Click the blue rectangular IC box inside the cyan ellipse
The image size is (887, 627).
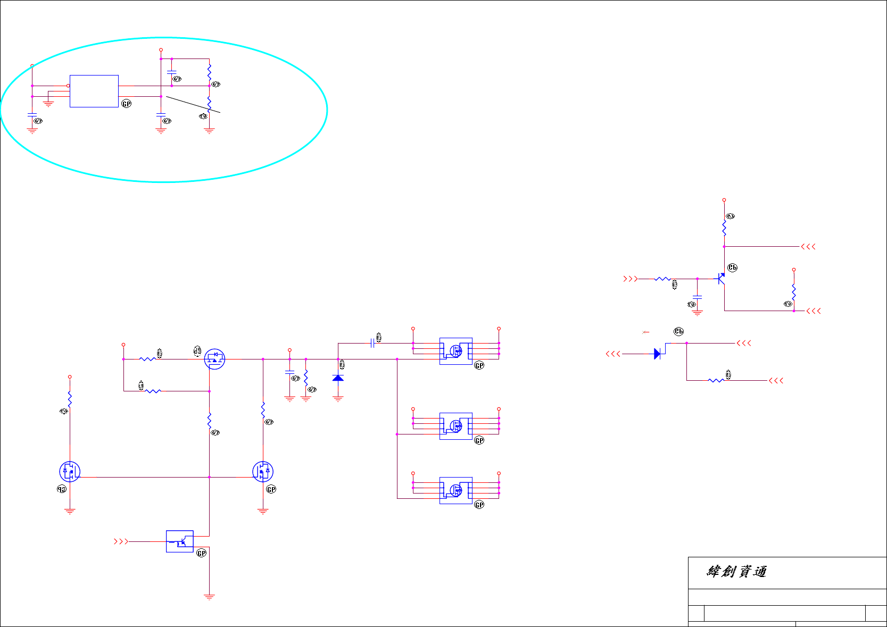tap(94, 91)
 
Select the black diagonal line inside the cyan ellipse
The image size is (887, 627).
tap(193, 104)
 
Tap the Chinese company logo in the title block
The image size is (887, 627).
tap(736, 572)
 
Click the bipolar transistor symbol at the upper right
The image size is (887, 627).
tap(721, 278)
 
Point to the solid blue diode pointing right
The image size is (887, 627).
tap(657, 354)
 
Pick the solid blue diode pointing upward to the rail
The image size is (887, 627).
tap(338, 378)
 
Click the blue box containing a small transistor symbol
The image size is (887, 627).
tap(180, 541)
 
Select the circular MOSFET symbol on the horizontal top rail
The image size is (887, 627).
tap(214, 359)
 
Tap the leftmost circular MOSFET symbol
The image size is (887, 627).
tap(70, 472)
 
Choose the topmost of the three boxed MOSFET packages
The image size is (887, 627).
tap(455, 351)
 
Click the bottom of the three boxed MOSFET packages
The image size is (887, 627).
tap(455, 490)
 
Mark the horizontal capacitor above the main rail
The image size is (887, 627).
tap(372, 344)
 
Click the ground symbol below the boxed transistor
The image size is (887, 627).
tap(209, 597)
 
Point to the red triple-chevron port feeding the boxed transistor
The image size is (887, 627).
tap(121, 541)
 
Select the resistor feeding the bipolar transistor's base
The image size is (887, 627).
tap(662, 279)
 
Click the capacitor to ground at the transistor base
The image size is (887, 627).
tap(697, 297)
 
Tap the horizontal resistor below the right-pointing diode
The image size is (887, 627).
tap(716, 380)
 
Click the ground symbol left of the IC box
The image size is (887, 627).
tap(48, 104)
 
